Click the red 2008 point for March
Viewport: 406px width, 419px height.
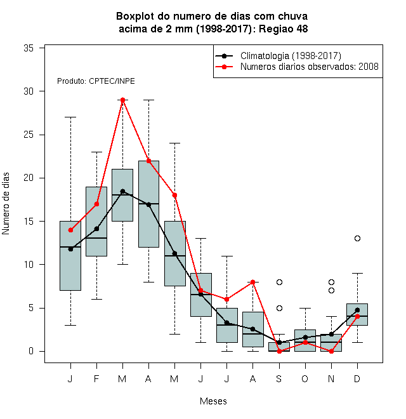[x=122, y=100]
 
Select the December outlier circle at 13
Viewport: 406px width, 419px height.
[x=357, y=238]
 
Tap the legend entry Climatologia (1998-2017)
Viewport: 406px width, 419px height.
[x=278, y=56]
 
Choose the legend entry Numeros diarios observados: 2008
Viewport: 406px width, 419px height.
[x=297, y=67]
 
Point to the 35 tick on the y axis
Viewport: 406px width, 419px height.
[x=29, y=48]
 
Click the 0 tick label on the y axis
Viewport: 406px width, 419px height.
[x=31, y=351]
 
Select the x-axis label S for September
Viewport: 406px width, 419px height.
[x=279, y=378]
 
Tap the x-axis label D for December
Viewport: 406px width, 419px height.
[x=357, y=378]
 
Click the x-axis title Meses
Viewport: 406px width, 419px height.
[x=213, y=401]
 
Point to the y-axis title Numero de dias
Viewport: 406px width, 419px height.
[x=6, y=204]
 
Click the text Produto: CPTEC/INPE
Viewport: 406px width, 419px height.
[x=96, y=81]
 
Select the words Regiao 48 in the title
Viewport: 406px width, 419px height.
[x=284, y=29]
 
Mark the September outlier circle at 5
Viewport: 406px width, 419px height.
[x=279, y=308]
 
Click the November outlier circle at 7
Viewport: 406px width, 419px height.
[x=332, y=291]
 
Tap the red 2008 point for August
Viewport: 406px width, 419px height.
[x=253, y=282]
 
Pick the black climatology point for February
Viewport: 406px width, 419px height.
[x=96, y=229]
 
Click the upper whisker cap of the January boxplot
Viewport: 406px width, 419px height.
[x=71, y=117]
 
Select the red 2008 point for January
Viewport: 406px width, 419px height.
[x=71, y=230]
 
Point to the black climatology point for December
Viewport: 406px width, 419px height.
[x=357, y=310]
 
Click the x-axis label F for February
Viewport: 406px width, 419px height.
[x=96, y=378]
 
